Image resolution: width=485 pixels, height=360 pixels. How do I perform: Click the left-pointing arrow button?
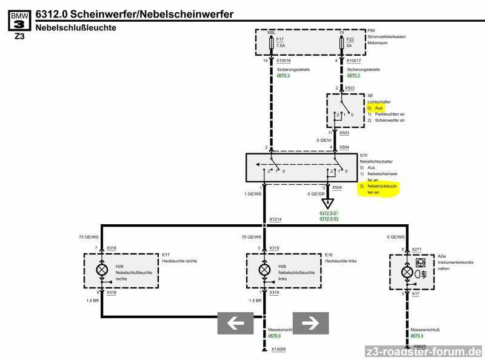235,323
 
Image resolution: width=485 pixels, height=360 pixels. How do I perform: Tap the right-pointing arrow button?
310,323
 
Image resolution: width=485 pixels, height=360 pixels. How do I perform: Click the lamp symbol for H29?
102,270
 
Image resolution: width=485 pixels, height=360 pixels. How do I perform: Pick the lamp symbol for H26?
264,270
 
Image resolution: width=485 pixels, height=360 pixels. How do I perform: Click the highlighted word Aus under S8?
379,107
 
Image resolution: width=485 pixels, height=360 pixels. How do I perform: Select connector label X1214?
276,219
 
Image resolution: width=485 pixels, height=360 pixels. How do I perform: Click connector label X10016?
283,61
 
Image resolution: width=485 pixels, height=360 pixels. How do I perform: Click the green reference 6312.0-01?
329,213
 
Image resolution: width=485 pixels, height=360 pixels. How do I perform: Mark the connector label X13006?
279,349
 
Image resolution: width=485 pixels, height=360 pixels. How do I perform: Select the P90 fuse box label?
371,30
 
